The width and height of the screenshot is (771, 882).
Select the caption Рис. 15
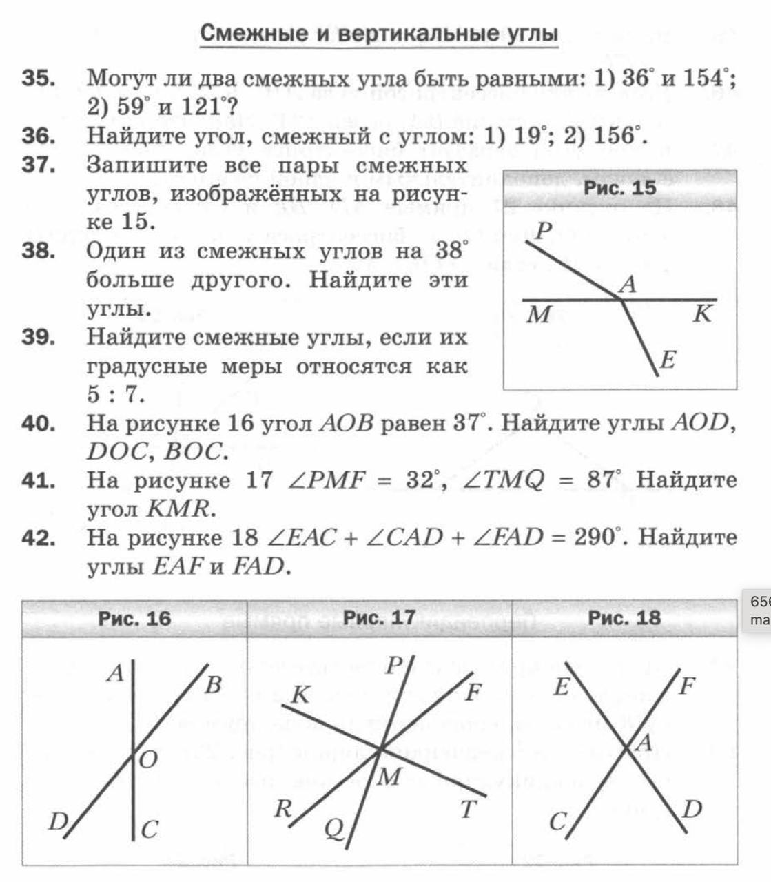[619, 187]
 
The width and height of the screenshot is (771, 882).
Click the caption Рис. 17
[379, 617]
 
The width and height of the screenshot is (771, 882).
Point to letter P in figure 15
[544, 231]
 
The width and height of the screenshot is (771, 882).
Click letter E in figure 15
[668, 360]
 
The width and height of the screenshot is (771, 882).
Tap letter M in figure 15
[539, 315]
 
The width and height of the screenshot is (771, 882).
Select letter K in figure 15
[701, 314]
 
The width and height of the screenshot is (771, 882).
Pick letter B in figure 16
[214, 685]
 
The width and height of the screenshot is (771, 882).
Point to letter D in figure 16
[58, 821]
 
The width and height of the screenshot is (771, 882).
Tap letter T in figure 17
[469, 809]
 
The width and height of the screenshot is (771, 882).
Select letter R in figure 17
[282, 808]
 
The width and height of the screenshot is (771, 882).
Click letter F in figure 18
[687, 686]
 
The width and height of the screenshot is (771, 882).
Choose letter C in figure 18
[558, 822]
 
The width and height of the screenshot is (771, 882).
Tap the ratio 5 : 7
[115, 395]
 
